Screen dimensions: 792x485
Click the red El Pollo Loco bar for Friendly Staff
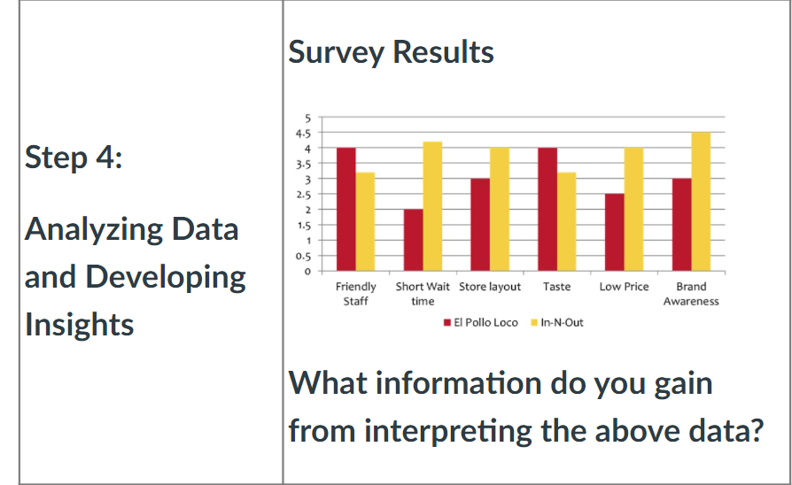coord(346,210)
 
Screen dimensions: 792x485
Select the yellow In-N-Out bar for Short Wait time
coord(432,206)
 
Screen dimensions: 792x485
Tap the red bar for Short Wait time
coord(413,240)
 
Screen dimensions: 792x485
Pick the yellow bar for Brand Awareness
coord(701,202)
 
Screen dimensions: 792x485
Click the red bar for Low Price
coord(614,233)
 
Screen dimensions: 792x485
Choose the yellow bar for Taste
coord(566,221)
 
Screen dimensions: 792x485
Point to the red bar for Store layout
coord(480,225)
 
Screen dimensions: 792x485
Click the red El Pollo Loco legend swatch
coord(447,322)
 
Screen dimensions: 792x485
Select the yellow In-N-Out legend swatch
coord(534,322)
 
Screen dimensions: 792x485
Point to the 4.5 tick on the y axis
coord(303,134)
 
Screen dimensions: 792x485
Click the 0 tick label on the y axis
coord(307,272)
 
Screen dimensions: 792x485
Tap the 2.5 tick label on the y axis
coord(303,195)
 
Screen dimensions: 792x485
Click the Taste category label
coord(556,287)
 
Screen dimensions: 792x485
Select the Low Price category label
coord(624,287)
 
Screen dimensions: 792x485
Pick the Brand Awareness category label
coord(691,294)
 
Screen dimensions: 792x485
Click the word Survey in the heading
coord(337,52)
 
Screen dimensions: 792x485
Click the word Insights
coord(80,324)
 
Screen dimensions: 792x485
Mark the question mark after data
coord(757,430)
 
